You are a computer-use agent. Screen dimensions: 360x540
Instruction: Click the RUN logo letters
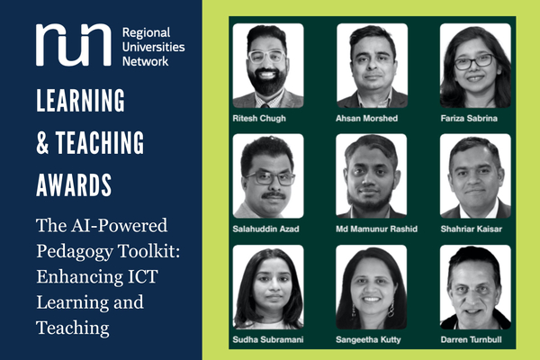(x=73, y=44)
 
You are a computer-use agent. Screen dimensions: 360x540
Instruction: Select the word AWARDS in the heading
(x=75, y=185)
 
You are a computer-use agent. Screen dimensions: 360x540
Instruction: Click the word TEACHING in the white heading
(x=101, y=142)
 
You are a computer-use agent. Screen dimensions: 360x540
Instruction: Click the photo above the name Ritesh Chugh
(x=268, y=66)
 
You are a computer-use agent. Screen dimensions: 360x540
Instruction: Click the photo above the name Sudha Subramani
(x=268, y=287)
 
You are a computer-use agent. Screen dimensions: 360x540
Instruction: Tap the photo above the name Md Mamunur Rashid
(x=372, y=176)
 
